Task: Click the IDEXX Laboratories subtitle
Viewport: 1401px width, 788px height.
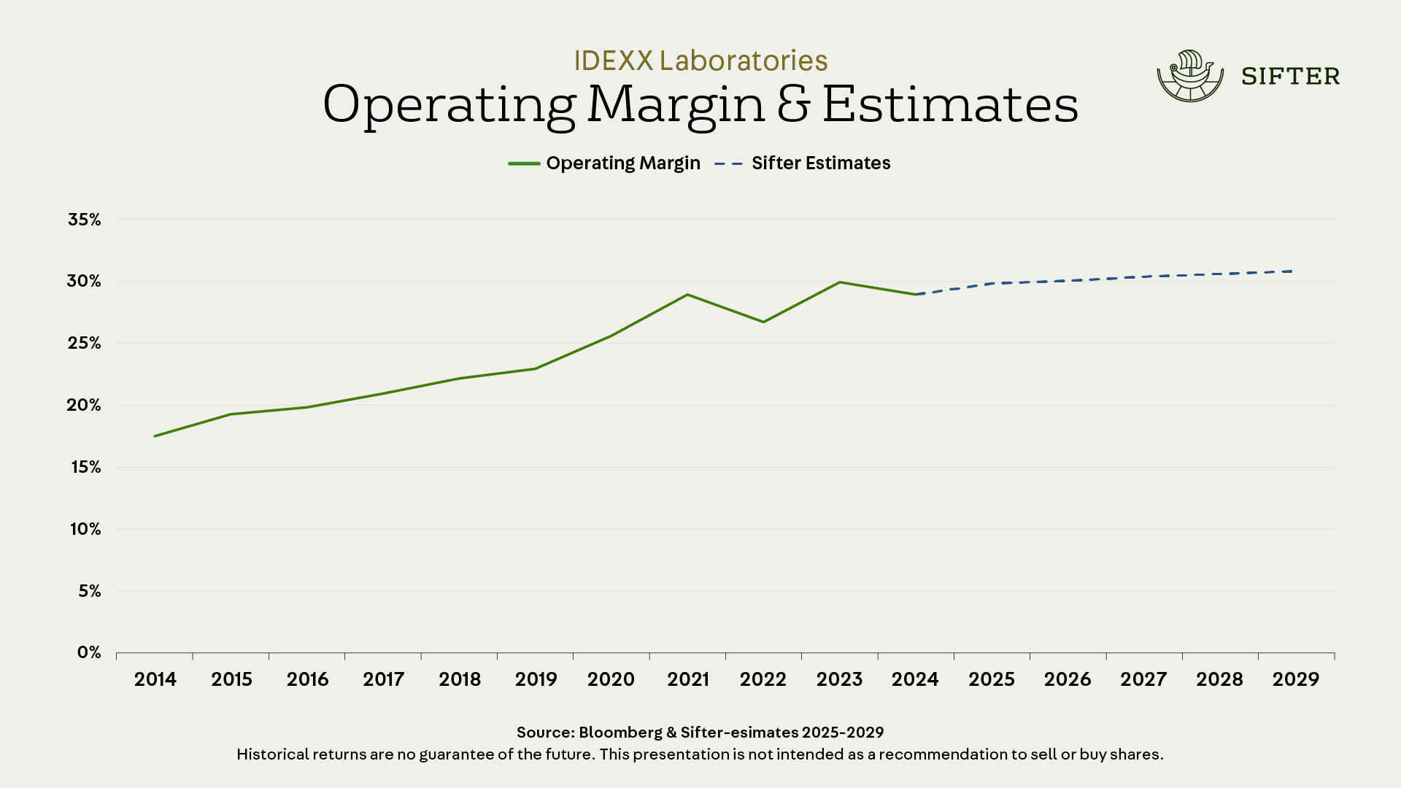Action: click(700, 61)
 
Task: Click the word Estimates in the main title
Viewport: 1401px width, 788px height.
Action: click(950, 104)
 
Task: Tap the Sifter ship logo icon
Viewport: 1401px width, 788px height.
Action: click(1190, 76)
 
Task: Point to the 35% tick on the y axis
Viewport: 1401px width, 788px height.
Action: click(85, 220)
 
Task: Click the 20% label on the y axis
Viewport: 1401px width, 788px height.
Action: click(85, 405)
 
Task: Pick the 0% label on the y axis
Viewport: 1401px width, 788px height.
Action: click(89, 652)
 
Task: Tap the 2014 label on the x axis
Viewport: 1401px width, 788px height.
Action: click(155, 679)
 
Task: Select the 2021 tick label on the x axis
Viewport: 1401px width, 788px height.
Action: click(687, 679)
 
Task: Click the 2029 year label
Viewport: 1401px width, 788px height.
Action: click(1296, 679)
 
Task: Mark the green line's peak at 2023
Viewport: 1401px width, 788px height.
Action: click(840, 282)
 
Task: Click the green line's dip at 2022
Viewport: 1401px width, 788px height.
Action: click(764, 322)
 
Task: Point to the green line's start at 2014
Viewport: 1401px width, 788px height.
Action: click(155, 436)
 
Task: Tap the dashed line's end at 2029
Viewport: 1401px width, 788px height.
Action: click(1292, 271)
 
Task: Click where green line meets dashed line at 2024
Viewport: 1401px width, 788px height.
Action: click(916, 295)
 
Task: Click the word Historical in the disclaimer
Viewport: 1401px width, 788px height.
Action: click(272, 754)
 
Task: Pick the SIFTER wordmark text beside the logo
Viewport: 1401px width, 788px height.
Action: click(1290, 77)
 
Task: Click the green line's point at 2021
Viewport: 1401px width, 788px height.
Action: click(687, 295)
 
